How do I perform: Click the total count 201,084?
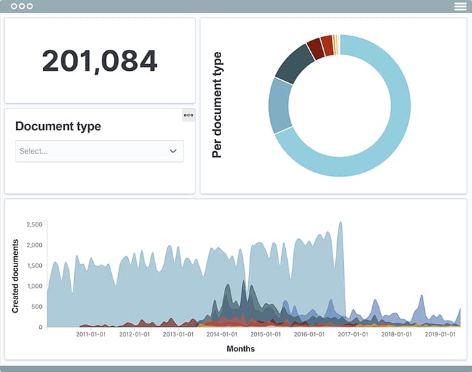pyautogui.click(x=100, y=61)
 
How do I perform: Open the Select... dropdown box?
pyautogui.click(x=99, y=151)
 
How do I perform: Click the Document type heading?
pyautogui.click(x=58, y=126)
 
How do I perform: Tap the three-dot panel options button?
pyautogui.click(x=188, y=115)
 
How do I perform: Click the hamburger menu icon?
pyautogui.click(x=460, y=6)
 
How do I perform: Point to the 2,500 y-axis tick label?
pyautogui.click(x=33, y=224)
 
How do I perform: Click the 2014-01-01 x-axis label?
pyautogui.click(x=222, y=334)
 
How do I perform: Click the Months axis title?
pyautogui.click(x=241, y=348)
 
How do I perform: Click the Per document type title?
pyautogui.click(x=217, y=105)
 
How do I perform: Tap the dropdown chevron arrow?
pyautogui.click(x=173, y=151)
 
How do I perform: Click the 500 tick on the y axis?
pyautogui.click(x=36, y=307)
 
